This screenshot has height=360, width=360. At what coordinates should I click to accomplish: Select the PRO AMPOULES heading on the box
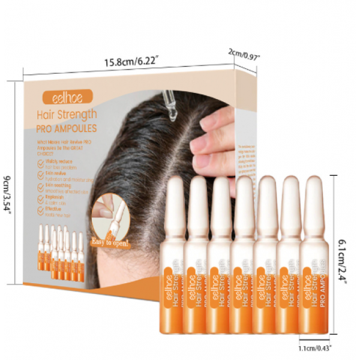point(67,128)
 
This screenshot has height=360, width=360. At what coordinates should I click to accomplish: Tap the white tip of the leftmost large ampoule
point(174,198)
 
